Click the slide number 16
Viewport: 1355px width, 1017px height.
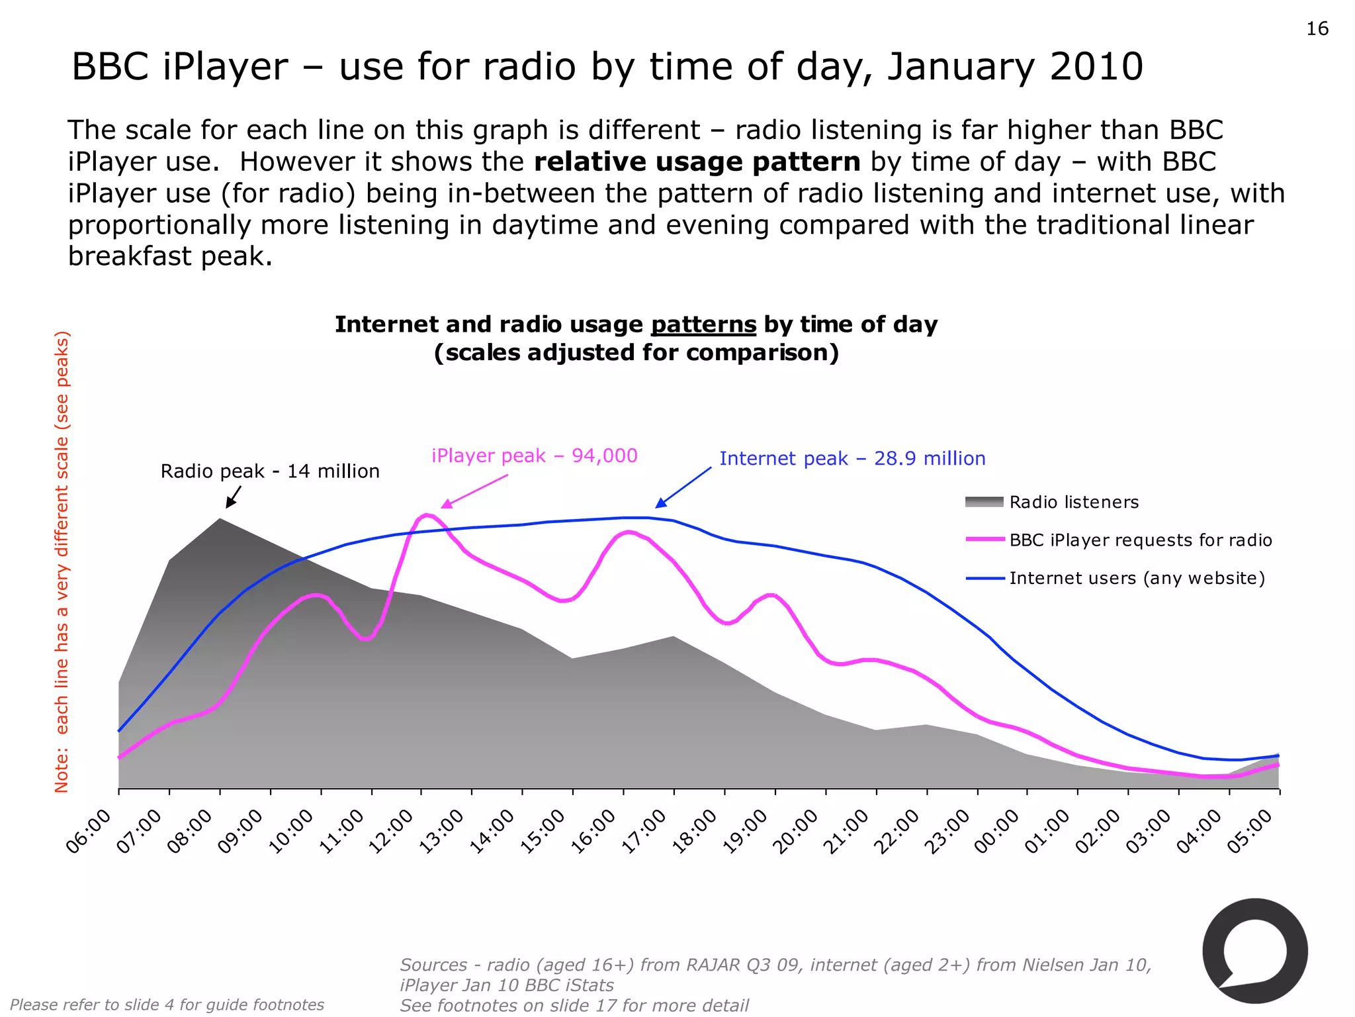(x=1317, y=28)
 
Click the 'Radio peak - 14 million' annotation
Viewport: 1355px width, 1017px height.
(x=270, y=471)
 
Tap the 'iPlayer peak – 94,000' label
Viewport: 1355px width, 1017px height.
(x=534, y=456)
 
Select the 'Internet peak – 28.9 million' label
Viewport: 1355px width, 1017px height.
(x=852, y=458)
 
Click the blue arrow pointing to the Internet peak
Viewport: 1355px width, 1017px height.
(x=683, y=487)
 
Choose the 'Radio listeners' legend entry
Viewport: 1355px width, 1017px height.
(x=1073, y=502)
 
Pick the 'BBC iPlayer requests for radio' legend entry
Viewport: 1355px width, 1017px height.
(x=1140, y=540)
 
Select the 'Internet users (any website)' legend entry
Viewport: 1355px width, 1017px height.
(x=1137, y=578)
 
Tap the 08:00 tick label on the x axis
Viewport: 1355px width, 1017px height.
(x=190, y=832)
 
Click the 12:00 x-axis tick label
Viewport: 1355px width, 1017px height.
(x=391, y=832)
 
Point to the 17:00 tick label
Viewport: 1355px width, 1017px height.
(x=644, y=832)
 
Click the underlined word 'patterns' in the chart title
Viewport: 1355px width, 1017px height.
(x=703, y=324)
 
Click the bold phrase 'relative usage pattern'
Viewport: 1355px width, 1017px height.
(x=697, y=162)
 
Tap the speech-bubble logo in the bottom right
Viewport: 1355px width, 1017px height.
(x=1254, y=951)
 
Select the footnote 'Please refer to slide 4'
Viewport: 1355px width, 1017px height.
(x=167, y=1004)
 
